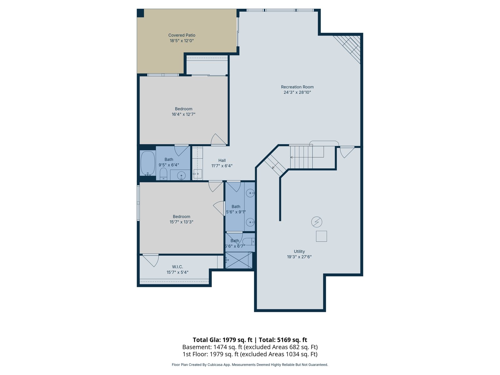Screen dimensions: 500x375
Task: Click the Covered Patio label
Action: coord(182,35)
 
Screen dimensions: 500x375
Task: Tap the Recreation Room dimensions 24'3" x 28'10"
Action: coord(297,92)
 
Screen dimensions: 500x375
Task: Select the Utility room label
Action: coord(299,251)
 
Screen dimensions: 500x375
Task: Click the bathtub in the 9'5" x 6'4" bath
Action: coord(148,163)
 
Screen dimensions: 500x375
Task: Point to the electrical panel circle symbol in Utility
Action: coord(317,222)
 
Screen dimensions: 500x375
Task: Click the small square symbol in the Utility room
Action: coord(322,236)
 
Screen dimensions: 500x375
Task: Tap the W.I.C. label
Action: coord(177,267)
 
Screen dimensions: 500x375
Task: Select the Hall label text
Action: coord(222,160)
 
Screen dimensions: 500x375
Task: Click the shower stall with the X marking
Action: coord(239,260)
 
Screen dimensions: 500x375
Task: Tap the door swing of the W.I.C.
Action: coord(151,261)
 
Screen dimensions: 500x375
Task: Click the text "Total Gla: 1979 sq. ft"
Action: coord(222,340)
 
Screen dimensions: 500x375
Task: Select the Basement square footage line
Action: coord(250,347)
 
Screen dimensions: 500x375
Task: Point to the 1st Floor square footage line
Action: coord(250,354)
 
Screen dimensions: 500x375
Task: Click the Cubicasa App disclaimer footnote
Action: coord(250,365)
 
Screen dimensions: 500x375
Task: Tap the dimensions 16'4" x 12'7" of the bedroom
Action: coord(183,114)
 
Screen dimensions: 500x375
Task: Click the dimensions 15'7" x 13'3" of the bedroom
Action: coord(181,222)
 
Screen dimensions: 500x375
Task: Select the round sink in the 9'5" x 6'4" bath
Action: coord(181,176)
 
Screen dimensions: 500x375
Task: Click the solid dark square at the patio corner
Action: coord(140,13)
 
